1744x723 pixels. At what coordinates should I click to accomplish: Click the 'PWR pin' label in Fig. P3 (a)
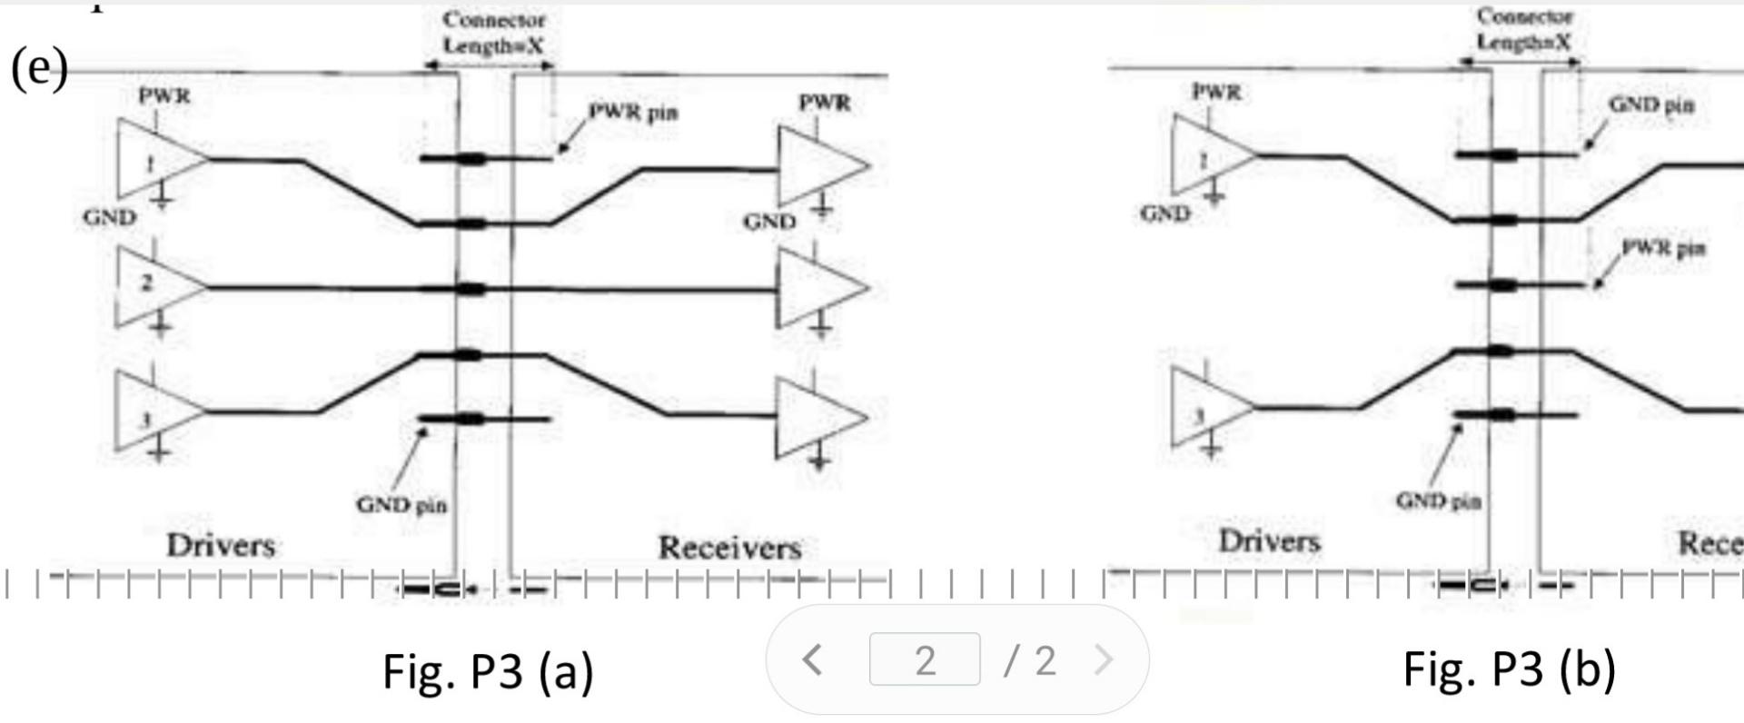click(633, 113)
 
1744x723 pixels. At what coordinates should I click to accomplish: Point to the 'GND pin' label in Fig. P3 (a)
click(401, 504)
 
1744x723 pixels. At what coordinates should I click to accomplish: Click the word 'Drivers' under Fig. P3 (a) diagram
click(221, 545)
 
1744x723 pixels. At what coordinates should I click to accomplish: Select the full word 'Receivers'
click(729, 548)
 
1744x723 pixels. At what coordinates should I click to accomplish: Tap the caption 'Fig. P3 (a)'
click(488, 671)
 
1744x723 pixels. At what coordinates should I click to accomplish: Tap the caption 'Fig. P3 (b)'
click(1509, 669)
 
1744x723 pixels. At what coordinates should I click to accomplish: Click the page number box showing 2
click(925, 660)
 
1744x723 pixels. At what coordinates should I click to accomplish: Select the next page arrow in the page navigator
click(1104, 660)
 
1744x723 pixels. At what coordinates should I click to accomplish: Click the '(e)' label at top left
click(39, 67)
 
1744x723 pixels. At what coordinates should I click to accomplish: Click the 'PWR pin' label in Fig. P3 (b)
click(1663, 248)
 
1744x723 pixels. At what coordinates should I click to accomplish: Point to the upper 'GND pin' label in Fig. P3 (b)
click(1651, 105)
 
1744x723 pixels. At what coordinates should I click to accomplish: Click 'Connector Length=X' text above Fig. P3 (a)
click(493, 33)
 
